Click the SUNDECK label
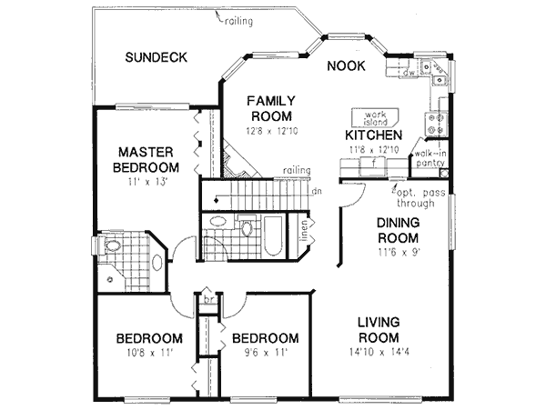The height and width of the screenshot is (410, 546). point(157,57)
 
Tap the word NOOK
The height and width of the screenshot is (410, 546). point(346,65)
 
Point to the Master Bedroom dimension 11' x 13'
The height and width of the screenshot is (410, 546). point(146,183)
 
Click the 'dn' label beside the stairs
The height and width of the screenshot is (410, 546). point(315,191)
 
